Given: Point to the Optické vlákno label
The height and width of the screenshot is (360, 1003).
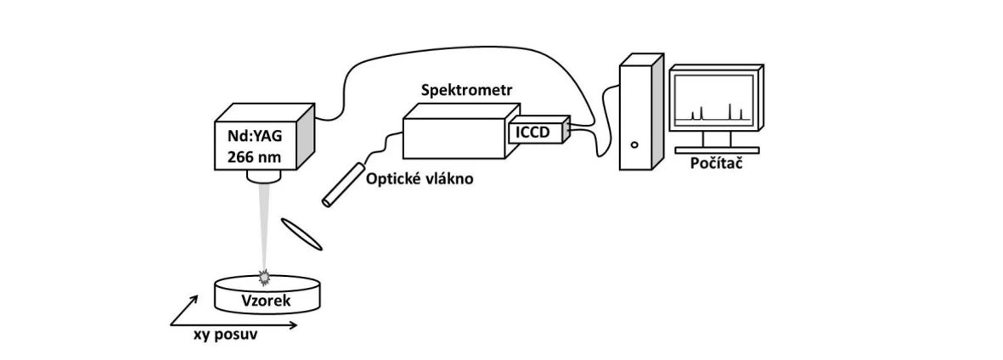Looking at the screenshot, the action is point(420,179).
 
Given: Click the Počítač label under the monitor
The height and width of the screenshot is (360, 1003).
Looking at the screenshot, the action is point(717,164).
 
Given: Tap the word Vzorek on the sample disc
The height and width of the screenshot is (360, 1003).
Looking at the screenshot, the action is point(266,300).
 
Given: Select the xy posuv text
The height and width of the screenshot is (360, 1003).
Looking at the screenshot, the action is point(225,335).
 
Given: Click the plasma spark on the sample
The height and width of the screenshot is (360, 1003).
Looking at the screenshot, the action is point(263,277).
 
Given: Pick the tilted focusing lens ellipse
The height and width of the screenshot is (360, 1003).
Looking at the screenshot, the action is point(302,234).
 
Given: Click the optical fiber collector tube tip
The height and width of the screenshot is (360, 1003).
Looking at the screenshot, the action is point(327,203).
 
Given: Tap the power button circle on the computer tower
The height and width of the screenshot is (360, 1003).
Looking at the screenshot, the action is point(634,144).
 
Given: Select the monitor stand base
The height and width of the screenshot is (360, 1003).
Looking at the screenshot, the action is point(717,149).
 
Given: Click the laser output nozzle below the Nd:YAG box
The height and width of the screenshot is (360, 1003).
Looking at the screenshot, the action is point(263,175).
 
